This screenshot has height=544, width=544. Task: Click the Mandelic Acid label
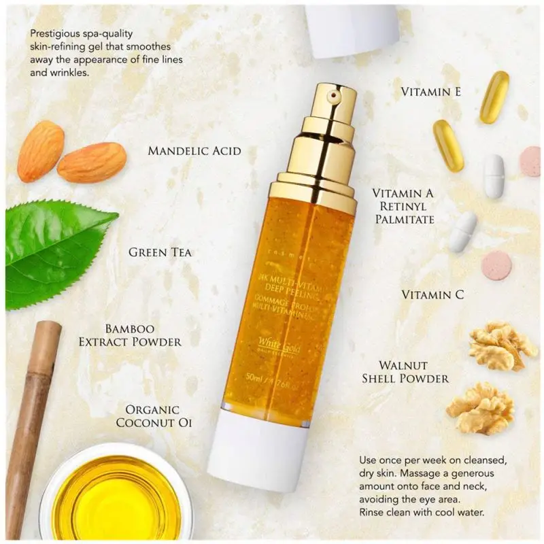pos(194,150)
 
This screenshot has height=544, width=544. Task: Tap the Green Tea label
pos(160,252)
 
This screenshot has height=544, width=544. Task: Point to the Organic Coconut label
pos(154,416)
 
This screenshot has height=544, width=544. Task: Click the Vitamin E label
pos(431,91)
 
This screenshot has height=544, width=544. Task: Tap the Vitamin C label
pos(432,294)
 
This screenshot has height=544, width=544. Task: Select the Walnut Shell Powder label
pos(405,372)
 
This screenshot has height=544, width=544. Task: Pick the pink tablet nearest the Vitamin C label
pos(496,265)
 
